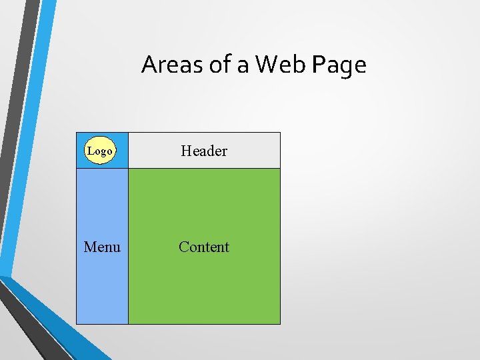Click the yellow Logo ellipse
point(100,151)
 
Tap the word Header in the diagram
point(204,151)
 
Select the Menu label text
point(102,247)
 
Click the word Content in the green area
point(204,247)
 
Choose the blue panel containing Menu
point(102,287)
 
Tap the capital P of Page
point(319,65)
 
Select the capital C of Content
point(183,247)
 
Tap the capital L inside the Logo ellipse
point(91,151)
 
